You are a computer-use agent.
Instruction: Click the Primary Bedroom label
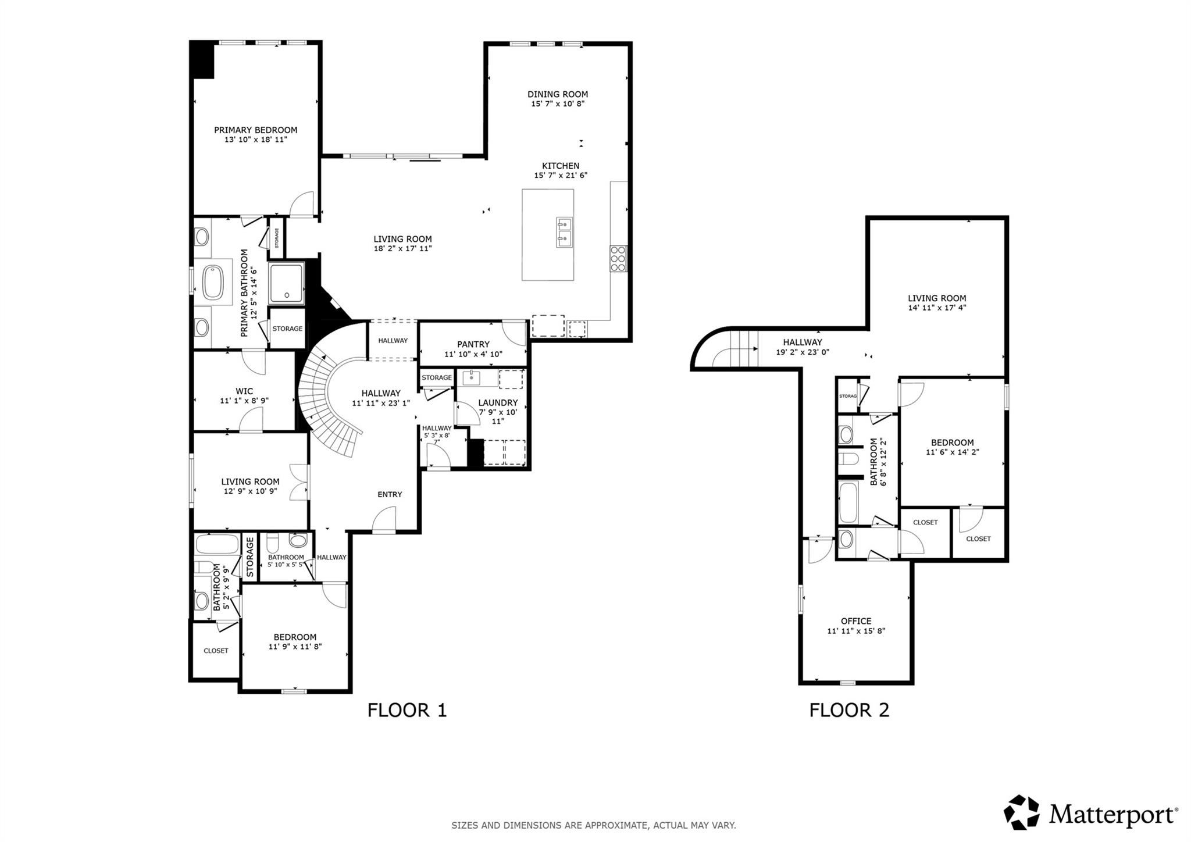tap(255, 130)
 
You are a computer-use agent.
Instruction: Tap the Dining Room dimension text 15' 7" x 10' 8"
tap(557, 104)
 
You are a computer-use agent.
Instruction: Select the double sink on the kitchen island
tap(564, 231)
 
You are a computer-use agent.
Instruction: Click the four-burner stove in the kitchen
tap(618, 259)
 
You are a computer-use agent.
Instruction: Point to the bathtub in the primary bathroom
tap(213, 283)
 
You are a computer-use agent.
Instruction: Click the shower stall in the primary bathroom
tap(287, 283)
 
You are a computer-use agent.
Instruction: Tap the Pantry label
tap(473, 344)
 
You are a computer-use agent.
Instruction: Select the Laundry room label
tap(497, 402)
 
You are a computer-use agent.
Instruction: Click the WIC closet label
tap(244, 391)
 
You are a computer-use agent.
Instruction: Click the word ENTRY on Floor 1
tap(390, 494)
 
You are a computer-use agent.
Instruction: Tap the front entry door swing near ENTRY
tap(384, 520)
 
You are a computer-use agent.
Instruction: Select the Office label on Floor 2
tap(856, 621)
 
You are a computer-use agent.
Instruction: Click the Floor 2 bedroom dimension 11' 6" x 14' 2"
tap(952, 452)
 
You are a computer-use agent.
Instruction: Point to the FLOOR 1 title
tap(407, 710)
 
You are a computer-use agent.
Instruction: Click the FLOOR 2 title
tap(849, 710)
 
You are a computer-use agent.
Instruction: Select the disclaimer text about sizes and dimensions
tap(594, 825)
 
